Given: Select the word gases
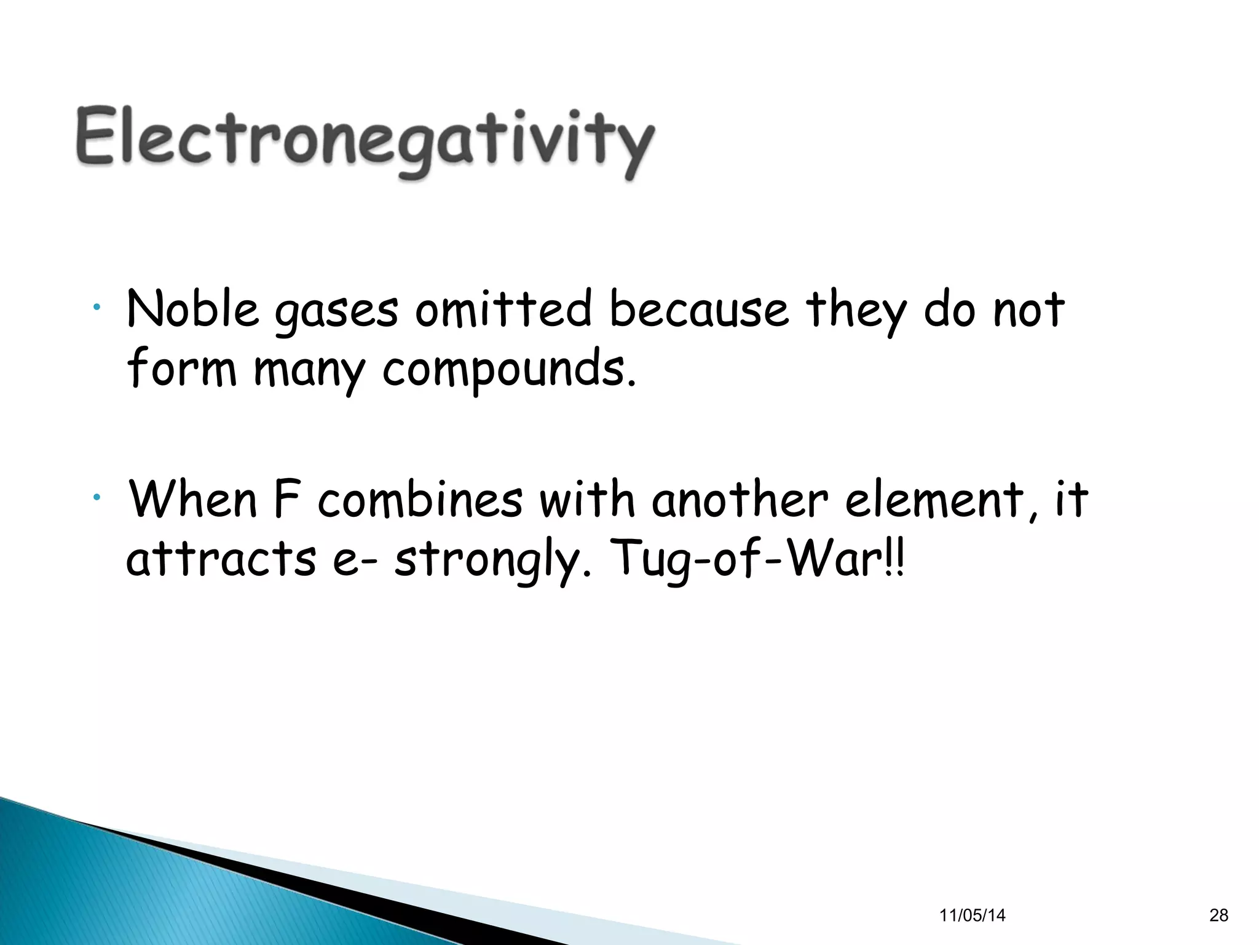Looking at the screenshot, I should pos(336,311).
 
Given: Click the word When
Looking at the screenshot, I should pos(192,499).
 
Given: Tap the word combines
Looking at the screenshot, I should pos(420,499).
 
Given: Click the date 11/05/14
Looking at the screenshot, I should pos(973,915).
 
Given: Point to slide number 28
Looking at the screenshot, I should pos(1219,915).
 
